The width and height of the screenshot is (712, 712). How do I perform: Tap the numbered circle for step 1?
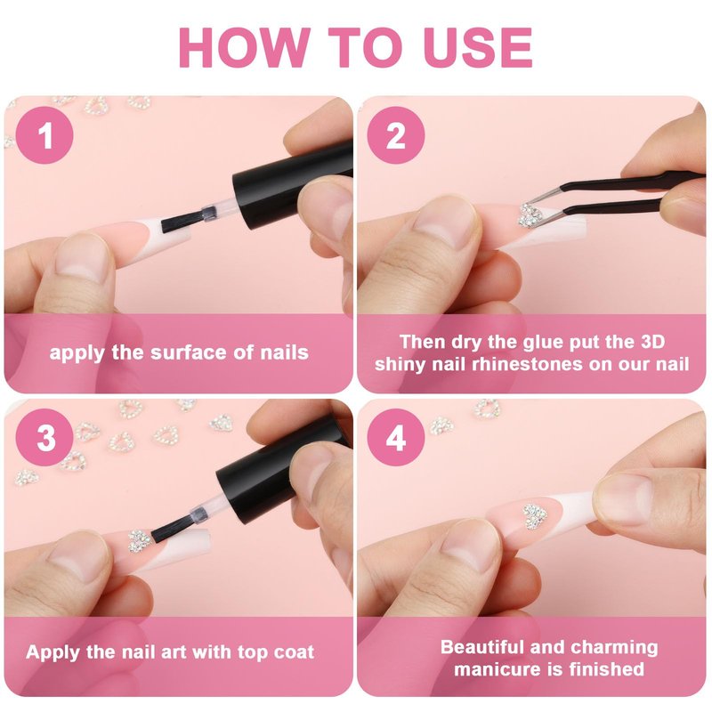pos(44,135)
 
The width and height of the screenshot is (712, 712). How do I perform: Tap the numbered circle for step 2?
pos(395,135)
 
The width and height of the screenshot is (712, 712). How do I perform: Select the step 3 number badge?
pos(44,437)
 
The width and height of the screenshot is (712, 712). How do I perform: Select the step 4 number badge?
pos(395,437)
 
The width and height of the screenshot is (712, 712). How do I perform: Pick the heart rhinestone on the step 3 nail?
pos(139,540)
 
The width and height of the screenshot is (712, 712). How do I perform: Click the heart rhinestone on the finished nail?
pos(536,516)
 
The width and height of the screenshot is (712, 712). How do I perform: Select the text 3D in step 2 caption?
pos(651,342)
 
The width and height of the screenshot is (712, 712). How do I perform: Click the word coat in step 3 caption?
pos(294,652)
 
